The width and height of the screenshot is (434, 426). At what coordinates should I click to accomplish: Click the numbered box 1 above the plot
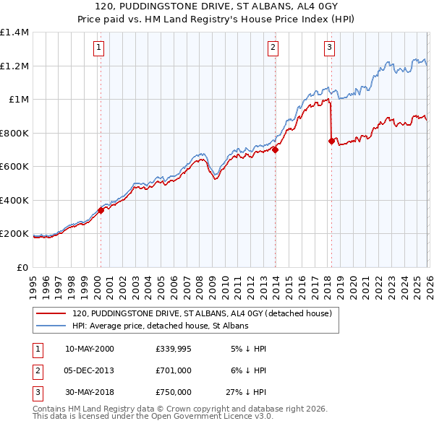point(98,48)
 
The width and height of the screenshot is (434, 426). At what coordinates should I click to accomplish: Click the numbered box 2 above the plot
point(273,48)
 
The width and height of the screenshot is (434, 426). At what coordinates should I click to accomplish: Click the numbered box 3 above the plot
point(329,48)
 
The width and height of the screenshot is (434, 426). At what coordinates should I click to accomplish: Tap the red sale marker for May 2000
point(101,210)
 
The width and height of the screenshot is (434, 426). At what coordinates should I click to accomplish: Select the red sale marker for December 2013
point(275,149)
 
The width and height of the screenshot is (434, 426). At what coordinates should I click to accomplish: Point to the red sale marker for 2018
point(331,142)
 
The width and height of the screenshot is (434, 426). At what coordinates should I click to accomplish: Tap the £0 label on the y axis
point(22,267)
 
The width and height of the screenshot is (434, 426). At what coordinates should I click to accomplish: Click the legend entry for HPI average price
point(160,326)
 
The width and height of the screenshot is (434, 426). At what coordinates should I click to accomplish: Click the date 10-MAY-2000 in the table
point(89,349)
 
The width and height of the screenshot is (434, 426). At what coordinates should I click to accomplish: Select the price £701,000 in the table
point(174,370)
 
